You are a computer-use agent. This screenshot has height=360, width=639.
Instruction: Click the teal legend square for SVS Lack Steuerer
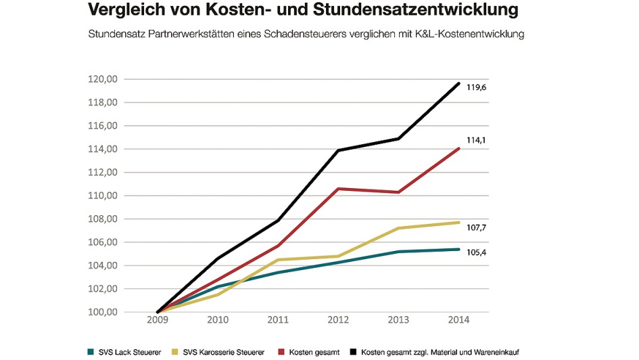[91, 352]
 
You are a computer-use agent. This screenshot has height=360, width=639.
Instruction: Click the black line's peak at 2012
[339, 150]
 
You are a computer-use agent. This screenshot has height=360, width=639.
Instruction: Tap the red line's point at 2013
[400, 192]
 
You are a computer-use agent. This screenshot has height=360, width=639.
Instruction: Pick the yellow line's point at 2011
[279, 260]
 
